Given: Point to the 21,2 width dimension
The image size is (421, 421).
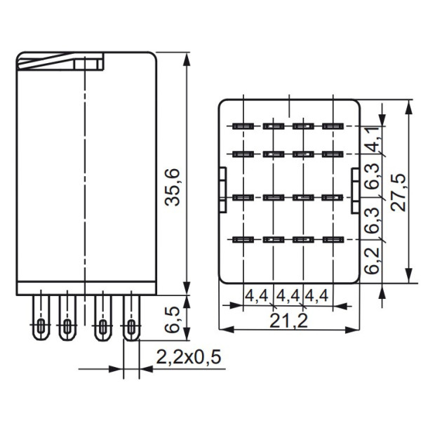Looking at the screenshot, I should [x=288, y=321].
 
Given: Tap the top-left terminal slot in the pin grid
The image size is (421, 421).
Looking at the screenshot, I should [x=242, y=127].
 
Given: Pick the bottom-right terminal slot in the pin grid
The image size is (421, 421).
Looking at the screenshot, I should [x=331, y=240].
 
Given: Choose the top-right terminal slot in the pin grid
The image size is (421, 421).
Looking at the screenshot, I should [x=331, y=127].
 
